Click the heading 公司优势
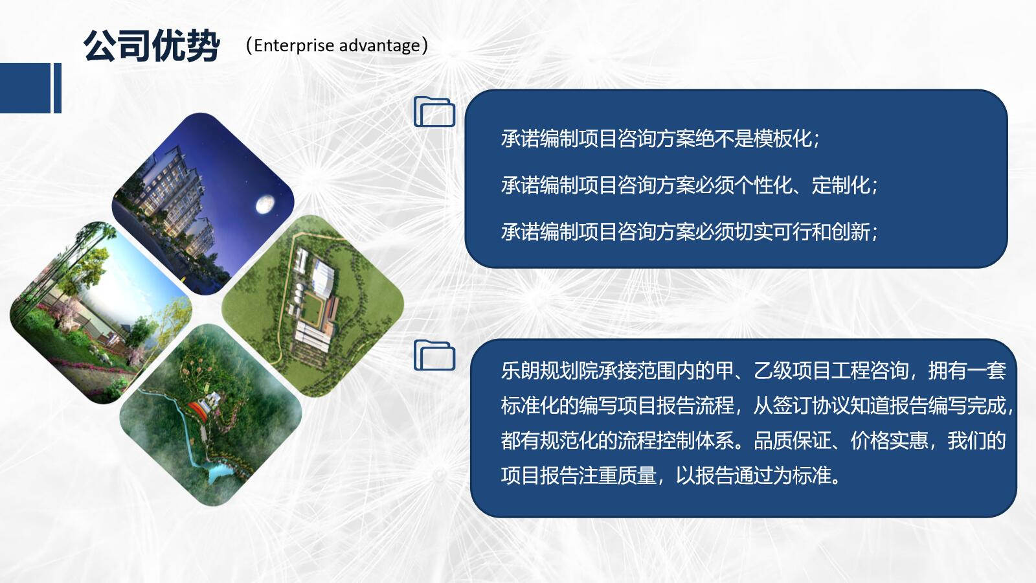[x=152, y=46]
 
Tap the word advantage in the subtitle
[x=379, y=46]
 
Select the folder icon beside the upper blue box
[x=434, y=111]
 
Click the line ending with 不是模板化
[x=660, y=139]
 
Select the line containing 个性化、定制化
[x=690, y=185]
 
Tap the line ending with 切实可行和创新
[x=690, y=232]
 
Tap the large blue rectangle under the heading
[x=25, y=88]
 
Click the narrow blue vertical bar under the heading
[x=58, y=88]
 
